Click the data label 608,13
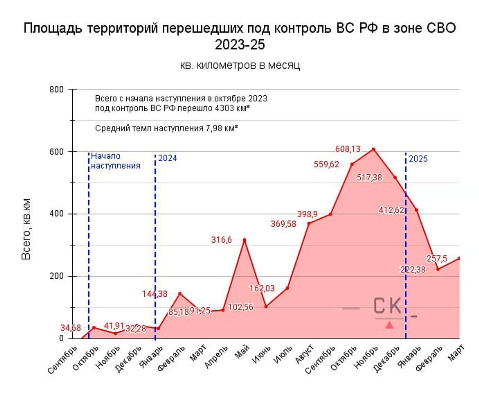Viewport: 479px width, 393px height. tap(347, 149)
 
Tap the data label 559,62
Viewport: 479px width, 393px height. tap(326, 164)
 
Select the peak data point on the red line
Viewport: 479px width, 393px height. tap(373, 149)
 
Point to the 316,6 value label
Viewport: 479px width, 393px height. tap(221, 240)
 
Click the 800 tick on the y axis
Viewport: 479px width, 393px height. tap(57, 89)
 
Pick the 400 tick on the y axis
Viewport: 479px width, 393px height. tap(57, 214)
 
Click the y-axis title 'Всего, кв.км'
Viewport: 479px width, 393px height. tap(26, 229)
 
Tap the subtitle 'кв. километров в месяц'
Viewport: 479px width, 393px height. tap(240, 65)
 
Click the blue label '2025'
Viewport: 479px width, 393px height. tap(418, 159)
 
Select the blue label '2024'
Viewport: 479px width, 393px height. tap(168, 158)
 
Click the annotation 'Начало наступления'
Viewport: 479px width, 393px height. tap(116, 161)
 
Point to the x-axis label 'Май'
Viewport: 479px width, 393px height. tap(242, 353)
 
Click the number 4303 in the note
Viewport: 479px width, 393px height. tap(224, 108)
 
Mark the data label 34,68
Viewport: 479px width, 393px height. tap(71, 328)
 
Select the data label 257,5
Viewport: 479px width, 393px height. tap(436, 259)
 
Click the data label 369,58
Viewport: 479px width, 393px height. tap(283, 224)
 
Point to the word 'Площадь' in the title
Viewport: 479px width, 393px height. tap(53, 28)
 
